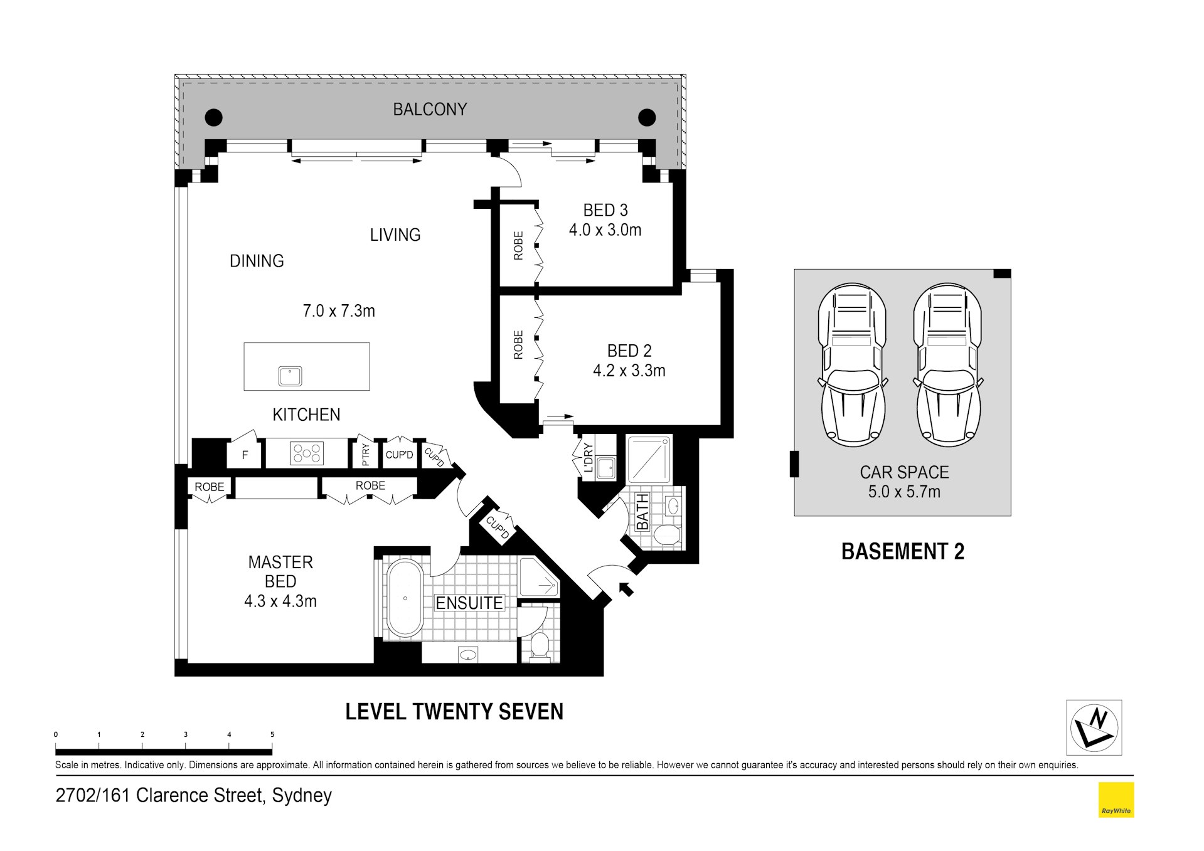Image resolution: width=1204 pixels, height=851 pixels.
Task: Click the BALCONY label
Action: [430, 109]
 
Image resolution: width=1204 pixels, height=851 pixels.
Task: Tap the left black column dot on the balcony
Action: [214, 117]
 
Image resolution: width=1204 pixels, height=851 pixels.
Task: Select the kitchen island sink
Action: [290, 376]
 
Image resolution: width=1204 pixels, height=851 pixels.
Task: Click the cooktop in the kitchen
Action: [307, 453]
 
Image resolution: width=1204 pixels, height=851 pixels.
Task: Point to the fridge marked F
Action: [245, 455]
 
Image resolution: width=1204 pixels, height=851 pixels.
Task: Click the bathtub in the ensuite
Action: [405, 599]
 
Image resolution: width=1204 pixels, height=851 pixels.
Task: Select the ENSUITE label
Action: [469, 603]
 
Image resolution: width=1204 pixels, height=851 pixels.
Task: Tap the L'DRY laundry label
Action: [588, 458]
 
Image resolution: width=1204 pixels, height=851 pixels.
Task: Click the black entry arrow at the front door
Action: [626, 589]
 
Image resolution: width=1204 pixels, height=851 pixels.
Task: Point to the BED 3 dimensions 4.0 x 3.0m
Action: [605, 230]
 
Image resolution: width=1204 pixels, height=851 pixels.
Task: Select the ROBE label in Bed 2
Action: [518, 345]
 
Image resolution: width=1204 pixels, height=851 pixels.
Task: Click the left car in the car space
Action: [852, 365]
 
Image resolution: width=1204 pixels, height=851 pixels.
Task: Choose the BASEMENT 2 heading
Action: [902, 551]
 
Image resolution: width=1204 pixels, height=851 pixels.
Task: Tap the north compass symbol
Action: [1094, 727]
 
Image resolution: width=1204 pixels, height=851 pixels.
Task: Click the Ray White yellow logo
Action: [1116, 800]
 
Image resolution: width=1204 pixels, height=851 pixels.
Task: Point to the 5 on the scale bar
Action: [272, 734]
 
